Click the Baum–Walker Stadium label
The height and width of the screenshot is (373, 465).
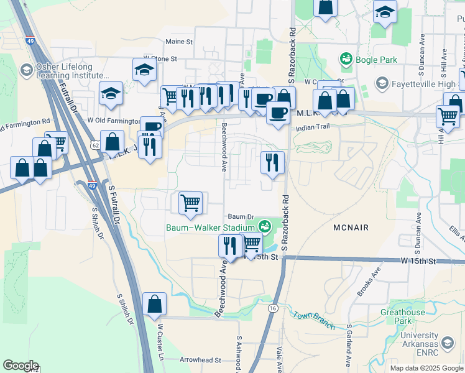click(x=210, y=227)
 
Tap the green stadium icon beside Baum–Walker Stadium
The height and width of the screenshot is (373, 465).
click(x=265, y=226)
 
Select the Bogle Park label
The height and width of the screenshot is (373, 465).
click(x=375, y=59)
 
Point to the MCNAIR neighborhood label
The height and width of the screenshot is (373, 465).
click(x=352, y=228)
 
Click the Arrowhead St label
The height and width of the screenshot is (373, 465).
click(x=200, y=360)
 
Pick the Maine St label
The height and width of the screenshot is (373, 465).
click(x=180, y=42)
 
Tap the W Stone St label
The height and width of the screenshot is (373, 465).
click(x=160, y=59)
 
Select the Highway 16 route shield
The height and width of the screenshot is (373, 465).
click(x=273, y=308)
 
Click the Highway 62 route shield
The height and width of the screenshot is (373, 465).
click(x=94, y=145)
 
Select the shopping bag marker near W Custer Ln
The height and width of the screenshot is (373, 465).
click(x=154, y=303)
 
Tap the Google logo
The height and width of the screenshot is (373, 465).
click(x=21, y=366)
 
